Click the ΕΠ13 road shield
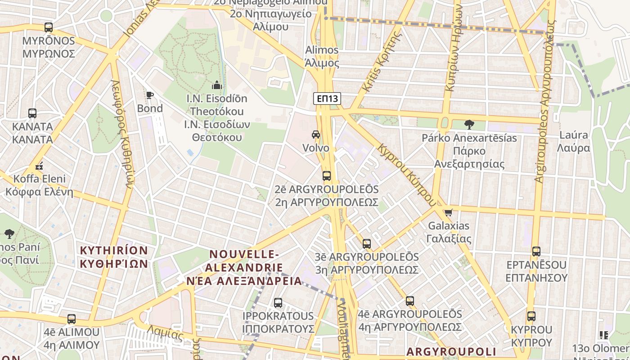[327, 99]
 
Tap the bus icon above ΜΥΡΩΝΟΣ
[49, 27]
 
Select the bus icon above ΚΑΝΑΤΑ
[32, 113]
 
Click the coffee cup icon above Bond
[150, 95]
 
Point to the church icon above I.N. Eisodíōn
[217, 85]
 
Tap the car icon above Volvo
[316, 135]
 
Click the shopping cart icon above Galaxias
[448, 212]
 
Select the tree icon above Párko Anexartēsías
[469, 124]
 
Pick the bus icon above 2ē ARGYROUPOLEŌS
[327, 176]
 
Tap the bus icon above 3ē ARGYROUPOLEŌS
[367, 244]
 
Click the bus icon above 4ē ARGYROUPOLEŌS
[409, 301]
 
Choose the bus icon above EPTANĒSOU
[536, 252]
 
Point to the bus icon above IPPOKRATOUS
[278, 303]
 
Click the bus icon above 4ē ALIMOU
[72, 319]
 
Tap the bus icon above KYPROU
[531, 316]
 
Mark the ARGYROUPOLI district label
[451, 351]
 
